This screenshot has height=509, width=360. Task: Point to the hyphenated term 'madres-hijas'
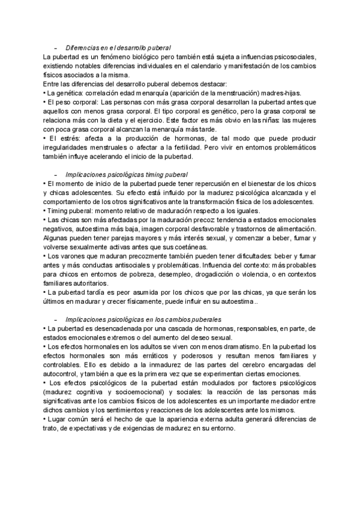[283, 93]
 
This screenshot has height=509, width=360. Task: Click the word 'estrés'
[65, 138]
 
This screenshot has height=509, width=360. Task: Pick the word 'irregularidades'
[68, 147]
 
